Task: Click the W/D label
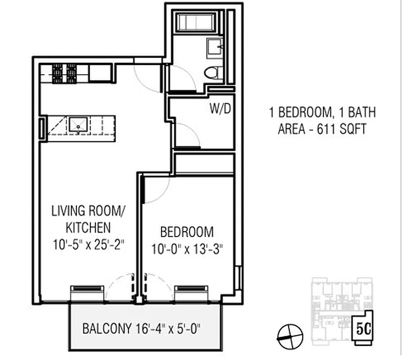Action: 220,108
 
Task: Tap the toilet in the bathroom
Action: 214,73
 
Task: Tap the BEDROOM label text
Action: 187,232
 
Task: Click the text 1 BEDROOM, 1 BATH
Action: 322,112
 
